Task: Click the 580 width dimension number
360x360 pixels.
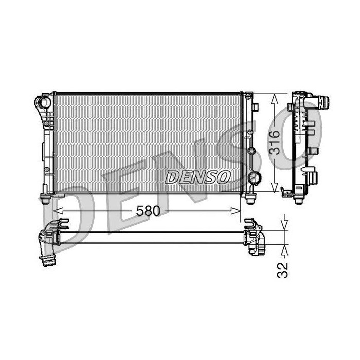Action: coord(148,211)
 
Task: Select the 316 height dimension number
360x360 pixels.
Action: coord(275,142)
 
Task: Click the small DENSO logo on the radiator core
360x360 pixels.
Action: coord(197,177)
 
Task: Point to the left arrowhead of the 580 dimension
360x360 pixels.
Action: coord(58,211)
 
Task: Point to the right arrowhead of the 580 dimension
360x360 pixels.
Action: coord(236,211)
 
